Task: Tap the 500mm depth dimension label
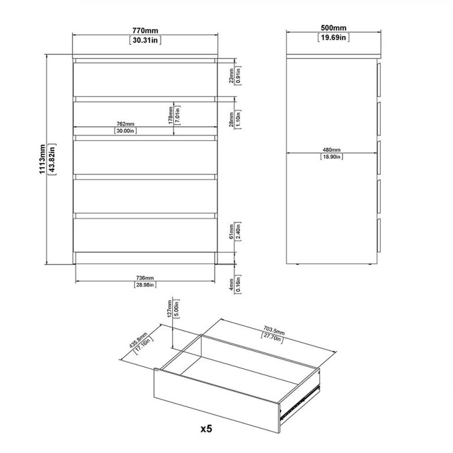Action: point(334,28)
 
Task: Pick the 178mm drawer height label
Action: point(169,115)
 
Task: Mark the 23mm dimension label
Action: point(231,75)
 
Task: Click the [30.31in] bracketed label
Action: point(145,40)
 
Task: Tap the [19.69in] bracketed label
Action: point(334,38)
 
